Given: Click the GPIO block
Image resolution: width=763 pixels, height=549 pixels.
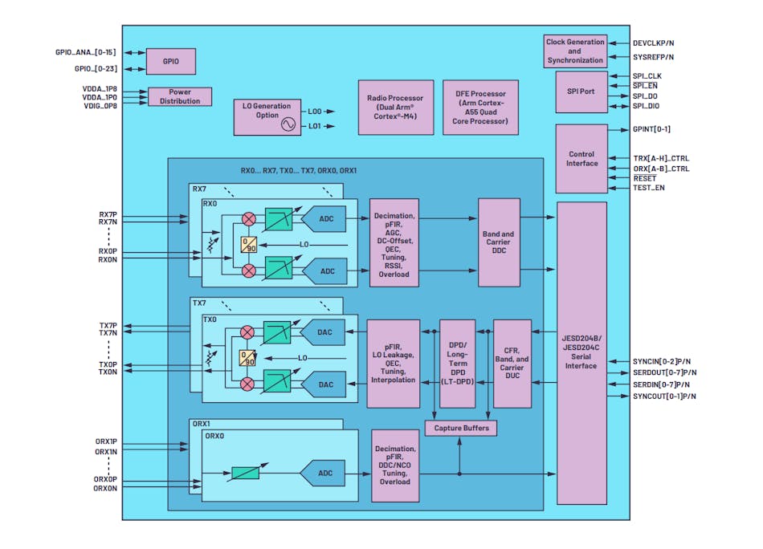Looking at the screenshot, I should (x=169, y=60).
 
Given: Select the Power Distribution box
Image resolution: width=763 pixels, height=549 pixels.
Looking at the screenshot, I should (x=180, y=96).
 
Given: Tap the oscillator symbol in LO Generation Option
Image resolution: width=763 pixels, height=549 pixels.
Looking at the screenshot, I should (x=287, y=124).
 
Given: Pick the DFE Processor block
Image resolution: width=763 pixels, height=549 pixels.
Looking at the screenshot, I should (x=479, y=108).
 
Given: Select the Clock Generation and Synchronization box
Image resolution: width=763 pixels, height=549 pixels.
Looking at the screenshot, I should (x=574, y=51).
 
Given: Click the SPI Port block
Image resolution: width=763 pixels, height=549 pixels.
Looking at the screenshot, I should (x=581, y=91).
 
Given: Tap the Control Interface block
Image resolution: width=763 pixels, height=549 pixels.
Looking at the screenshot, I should (x=581, y=158).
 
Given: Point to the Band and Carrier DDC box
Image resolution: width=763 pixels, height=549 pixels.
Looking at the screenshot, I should (x=499, y=242).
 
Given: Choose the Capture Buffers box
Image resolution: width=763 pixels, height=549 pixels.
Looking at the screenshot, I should (x=460, y=428).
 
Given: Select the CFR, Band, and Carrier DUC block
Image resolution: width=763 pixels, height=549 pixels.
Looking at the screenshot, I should (x=512, y=363).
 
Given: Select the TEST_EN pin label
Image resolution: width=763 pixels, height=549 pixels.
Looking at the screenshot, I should (x=649, y=188).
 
